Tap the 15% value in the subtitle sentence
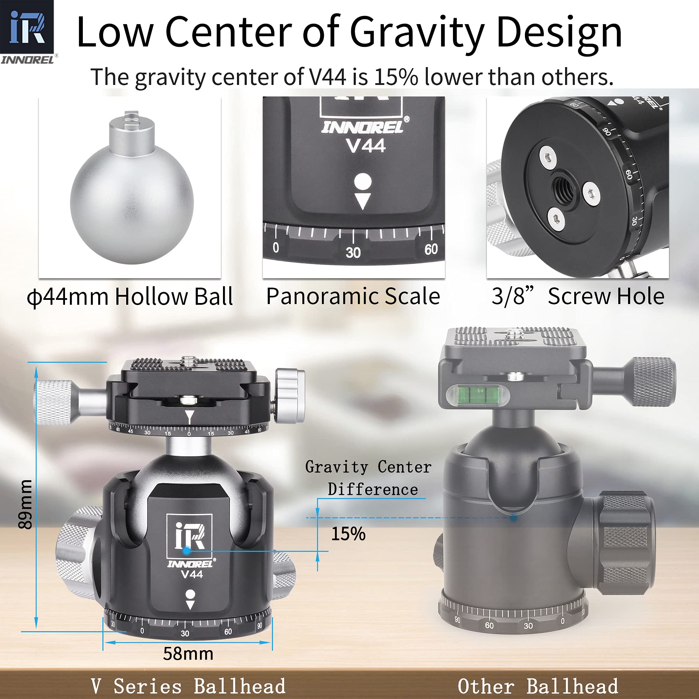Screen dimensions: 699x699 point(396,77)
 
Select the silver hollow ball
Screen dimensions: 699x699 point(132,187)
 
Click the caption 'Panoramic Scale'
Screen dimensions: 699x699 point(353,296)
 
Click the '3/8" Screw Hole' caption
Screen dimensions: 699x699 point(578,296)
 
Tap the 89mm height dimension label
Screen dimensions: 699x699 point(25,504)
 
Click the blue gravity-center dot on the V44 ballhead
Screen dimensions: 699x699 point(186,551)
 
